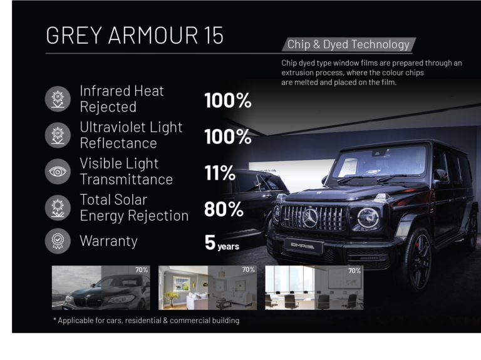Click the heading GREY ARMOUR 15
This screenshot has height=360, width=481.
pyautogui.click(x=135, y=35)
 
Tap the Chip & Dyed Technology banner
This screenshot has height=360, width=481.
pyautogui.click(x=349, y=44)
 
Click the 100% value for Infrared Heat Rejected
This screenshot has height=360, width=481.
pyautogui.click(x=227, y=100)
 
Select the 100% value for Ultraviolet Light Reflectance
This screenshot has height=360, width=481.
pyautogui.click(x=227, y=136)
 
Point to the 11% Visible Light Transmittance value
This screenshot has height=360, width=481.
pyautogui.click(x=220, y=173)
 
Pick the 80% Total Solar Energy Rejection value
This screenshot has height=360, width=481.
pyautogui.click(x=224, y=209)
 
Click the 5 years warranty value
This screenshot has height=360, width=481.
pyautogui.click(x=222, y=243)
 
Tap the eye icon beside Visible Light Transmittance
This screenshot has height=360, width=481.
pyautogui.click(x=58, y=172)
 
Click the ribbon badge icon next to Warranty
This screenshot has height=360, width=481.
pyautogui.click(x=58, y=241)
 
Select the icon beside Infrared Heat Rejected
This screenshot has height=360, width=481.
pyautogui.click(x=58, y=99)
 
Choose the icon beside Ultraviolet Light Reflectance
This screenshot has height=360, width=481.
pyautogui.click(x=58, y=135)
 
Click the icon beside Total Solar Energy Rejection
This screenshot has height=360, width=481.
pyautogui.click(x=58, y=208)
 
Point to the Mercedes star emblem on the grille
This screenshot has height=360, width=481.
pyautogui.click(x=310, y=217)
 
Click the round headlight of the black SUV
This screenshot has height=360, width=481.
pyautogui.click(x=368, y=218)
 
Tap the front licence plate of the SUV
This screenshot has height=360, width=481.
pyautogui.click(x=303, y=246)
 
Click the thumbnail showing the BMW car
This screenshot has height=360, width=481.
pyautogui.click(x=101, y=287)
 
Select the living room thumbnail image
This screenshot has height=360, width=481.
pyautogui.click(x=207, y=287)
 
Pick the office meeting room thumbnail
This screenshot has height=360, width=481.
pyautogui.click(x=314, y=287)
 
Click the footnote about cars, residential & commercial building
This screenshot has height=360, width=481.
pyautogui.click(x=146, y=321)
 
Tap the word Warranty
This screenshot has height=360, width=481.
pyautogui.click(x=108, y=241)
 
